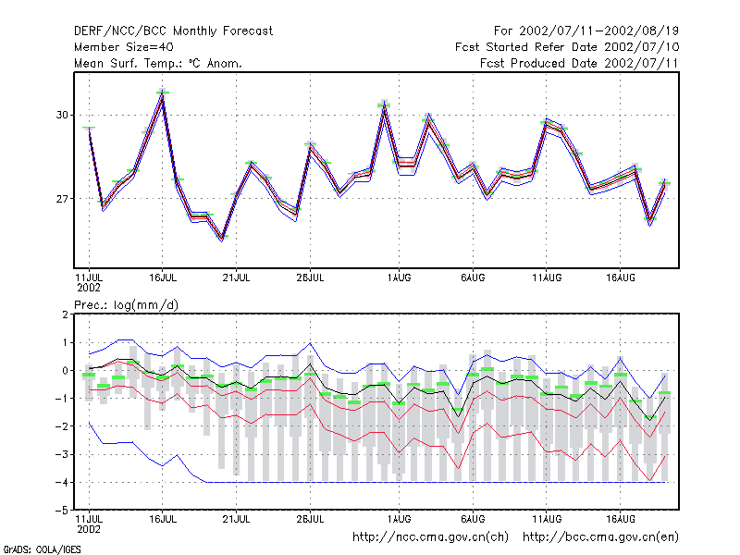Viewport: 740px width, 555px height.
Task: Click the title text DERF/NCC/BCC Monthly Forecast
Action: [x=173, y=31]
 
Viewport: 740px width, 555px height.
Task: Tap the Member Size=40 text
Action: [x=124, y=47]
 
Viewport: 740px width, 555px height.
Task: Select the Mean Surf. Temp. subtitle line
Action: [x=158, y=63]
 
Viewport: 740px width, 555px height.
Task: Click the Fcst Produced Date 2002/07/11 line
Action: [x=579, y=63]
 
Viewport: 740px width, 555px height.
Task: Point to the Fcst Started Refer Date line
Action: [x=567, y=47]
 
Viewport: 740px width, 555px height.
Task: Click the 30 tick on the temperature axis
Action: [x=62, y=115]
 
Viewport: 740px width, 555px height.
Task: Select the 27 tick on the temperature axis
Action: [x=62, y=199]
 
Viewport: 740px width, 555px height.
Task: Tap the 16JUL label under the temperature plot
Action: [x=163, y=277]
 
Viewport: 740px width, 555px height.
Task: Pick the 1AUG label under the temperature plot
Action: [x=400, y=277]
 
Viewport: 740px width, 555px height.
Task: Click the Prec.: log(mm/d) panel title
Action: [x=126, y=305]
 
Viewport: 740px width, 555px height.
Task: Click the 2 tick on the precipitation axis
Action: [x=65, y=314]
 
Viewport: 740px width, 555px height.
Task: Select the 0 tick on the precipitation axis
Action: [x=65, y=371]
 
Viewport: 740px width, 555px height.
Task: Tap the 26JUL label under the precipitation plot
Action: [x=311, y=519]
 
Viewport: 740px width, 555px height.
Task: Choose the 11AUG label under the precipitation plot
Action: [x=547, y=519]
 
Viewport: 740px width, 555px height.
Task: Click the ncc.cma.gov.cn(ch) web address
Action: [x=430, y=537]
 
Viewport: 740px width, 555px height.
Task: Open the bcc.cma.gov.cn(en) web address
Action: [x=600, y=537]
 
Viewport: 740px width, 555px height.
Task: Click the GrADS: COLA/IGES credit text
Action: [x=42, y=549]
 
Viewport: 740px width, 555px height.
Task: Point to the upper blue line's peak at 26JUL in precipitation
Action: [x=311, y=343]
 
